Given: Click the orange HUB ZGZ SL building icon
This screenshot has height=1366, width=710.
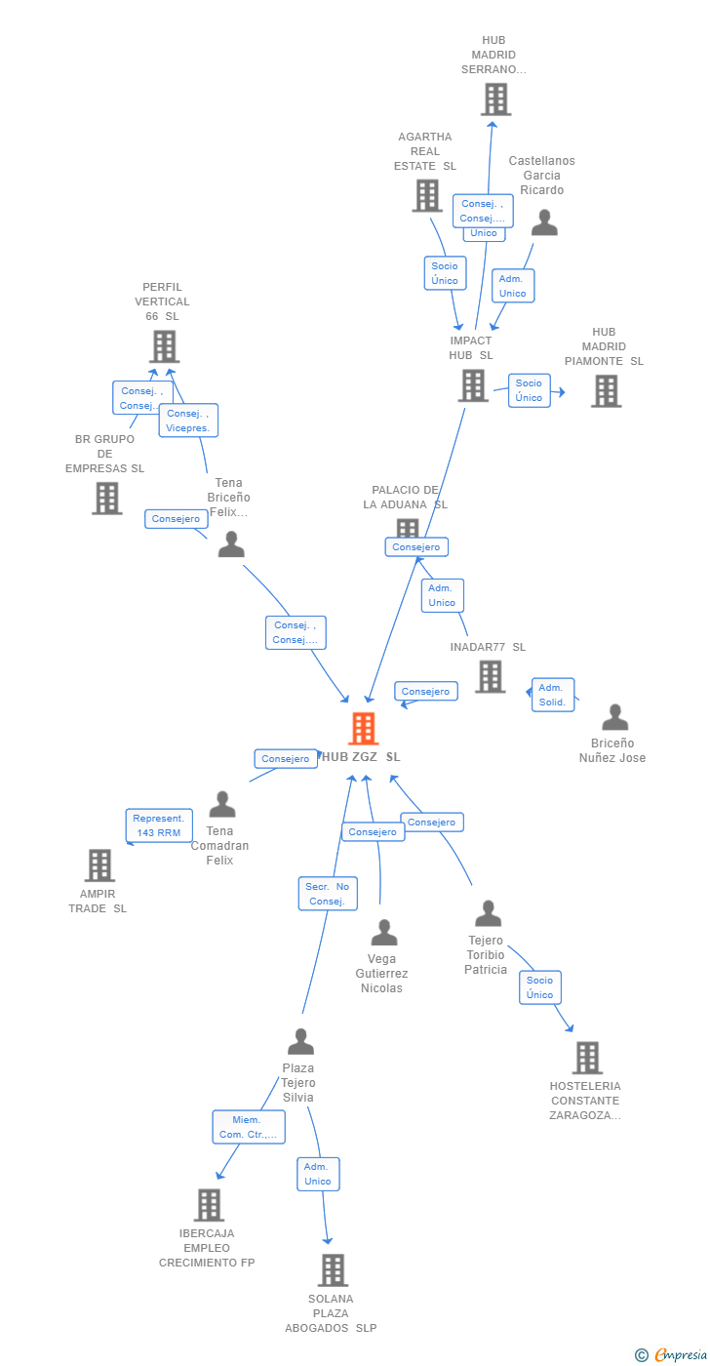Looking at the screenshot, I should (363, 728).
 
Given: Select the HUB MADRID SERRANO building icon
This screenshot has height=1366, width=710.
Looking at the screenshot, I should (495, 100).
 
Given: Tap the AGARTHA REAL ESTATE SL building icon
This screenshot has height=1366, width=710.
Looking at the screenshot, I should (427, 195).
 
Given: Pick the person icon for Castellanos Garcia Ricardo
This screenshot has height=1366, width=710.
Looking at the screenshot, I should (544, 223).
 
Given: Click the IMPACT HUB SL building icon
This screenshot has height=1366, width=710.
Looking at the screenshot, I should (473, 385).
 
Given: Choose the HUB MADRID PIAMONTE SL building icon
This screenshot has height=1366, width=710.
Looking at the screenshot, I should (606, 390).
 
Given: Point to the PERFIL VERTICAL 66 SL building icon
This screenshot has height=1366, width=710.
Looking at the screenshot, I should (164, 346).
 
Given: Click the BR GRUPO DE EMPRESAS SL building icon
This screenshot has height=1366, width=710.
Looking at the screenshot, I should (107, 498).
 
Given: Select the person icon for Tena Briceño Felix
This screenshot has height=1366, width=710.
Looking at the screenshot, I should (231, 544).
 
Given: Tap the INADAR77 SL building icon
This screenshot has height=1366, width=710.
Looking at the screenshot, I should (490, 676).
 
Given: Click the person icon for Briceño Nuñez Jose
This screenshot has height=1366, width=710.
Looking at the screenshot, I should (614, 717).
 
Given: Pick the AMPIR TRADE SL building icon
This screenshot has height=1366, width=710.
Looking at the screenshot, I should (99, 864).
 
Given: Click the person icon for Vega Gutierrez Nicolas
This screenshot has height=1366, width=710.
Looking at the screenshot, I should (384, 933).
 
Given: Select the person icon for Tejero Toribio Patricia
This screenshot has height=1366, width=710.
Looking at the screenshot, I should (488, 913).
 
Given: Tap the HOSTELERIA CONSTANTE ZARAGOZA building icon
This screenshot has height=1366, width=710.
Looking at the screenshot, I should (586, 1058).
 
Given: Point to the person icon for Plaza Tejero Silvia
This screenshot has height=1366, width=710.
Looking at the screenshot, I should (300, 1041).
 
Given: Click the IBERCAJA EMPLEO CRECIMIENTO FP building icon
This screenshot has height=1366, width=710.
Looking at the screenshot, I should (209, 1205).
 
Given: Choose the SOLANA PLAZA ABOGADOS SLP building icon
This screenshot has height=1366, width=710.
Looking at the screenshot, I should (333, 1269).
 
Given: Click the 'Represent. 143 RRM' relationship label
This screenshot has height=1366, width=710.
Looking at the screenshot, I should (159, 825).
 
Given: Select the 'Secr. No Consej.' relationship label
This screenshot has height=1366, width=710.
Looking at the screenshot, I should (328, 894).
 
